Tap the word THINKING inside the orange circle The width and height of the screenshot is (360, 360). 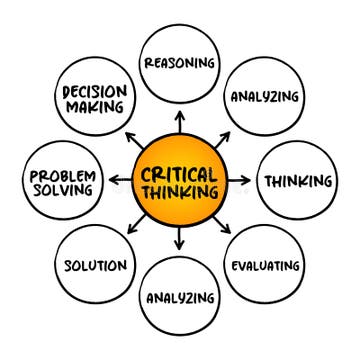[x=179, y=190]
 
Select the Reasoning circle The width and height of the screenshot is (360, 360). [x=179, y=62]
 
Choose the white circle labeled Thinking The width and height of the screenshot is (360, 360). [x=296, y=181]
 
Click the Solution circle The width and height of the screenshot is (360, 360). [x=95, y=266]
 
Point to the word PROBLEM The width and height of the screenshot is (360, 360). [x=62, y=175]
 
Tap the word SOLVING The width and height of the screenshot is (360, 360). [x=62, y=190]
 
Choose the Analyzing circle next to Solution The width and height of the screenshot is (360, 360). [x=179, y=298]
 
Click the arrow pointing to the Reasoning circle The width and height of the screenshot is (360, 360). [x=179, y=119]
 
